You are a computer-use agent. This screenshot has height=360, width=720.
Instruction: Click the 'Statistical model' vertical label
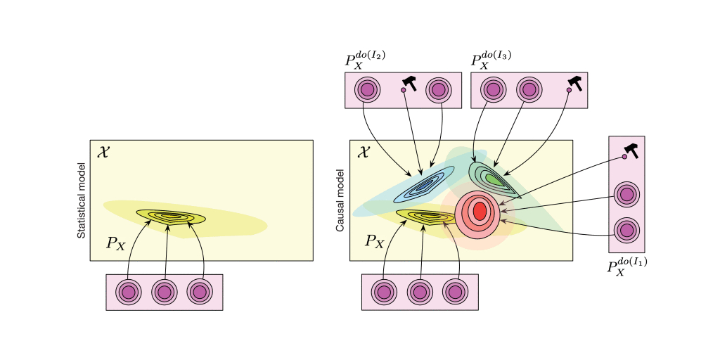[x=82, y=200]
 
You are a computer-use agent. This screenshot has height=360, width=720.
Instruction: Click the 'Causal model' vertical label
[x=340, y=200]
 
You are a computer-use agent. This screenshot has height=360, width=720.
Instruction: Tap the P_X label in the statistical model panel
[x=115, y=243]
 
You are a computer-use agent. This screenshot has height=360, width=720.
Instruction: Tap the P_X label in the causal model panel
[x=374, y=241]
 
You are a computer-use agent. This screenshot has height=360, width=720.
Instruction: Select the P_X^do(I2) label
[x=365, y=59]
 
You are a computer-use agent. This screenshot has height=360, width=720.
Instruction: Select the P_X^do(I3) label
[x=491, y=59]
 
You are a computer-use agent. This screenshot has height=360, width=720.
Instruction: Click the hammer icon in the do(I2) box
[x=410, y=84]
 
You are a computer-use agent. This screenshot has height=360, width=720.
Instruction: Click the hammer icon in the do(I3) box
[x=575, y=83]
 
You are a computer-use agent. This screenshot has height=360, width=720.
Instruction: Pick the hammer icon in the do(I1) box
[x=631, y=150]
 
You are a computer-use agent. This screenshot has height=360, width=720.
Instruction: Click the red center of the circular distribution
[x=480, y=211]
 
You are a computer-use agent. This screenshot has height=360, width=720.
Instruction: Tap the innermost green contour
[x=493, y=179]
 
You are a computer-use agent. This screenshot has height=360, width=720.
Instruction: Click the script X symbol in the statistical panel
[x=103, y=152]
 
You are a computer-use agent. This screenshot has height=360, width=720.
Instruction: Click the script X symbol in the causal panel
[x=363, y=152]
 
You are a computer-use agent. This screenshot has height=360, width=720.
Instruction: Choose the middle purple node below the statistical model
[x=165, y=292]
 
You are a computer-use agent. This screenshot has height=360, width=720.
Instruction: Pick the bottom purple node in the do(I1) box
[x=626, y=230]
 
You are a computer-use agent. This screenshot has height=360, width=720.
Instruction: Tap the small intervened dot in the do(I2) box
[x=403, y=90]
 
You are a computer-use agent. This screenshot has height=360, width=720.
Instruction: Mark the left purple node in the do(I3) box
[x=493, y=89]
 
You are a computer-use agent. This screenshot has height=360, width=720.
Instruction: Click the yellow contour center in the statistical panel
[x=171, y=216]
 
